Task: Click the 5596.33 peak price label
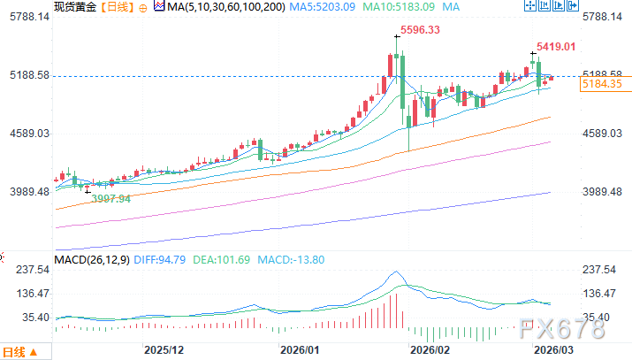(x=420, y=30)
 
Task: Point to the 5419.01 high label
(x=556, y=46)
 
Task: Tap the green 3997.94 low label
(x=111, y=199)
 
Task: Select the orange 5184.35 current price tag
(x=600, y=84)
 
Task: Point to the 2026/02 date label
(x=423, y=349)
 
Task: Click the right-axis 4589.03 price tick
(x=603, y=134)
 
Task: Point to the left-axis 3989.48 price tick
(x=27, y=192)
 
